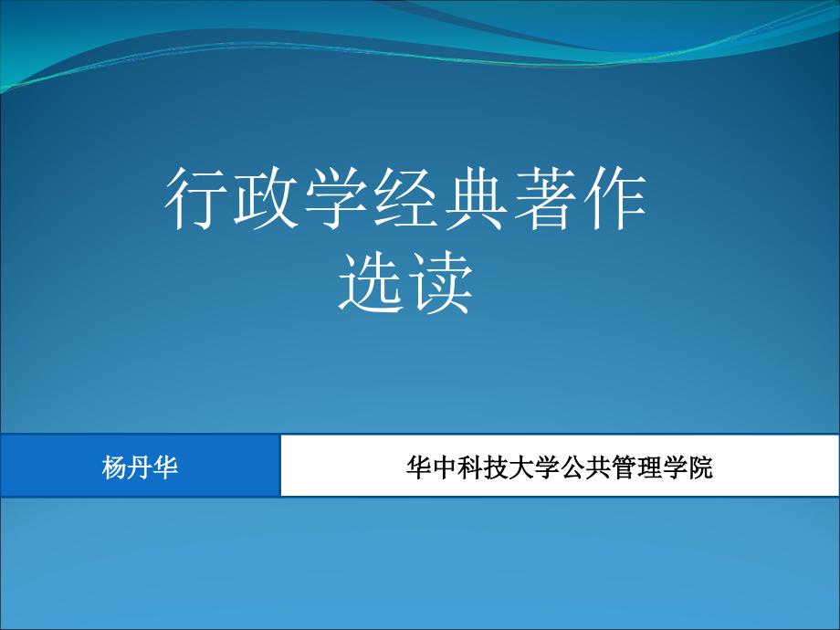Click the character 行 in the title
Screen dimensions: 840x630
(x=196, y=199)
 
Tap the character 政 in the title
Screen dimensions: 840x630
(x=266, y=199)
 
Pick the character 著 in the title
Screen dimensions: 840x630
(x=545, y=199)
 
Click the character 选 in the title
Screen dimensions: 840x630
(x=371, y=283)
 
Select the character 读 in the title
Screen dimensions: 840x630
(x=440, y=283)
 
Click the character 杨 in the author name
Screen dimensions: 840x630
(x=114, y=467)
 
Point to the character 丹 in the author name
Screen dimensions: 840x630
(x=140, y=467)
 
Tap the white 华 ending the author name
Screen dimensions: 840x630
(x=165, y=467)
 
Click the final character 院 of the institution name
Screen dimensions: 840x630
(x=699, y=467)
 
